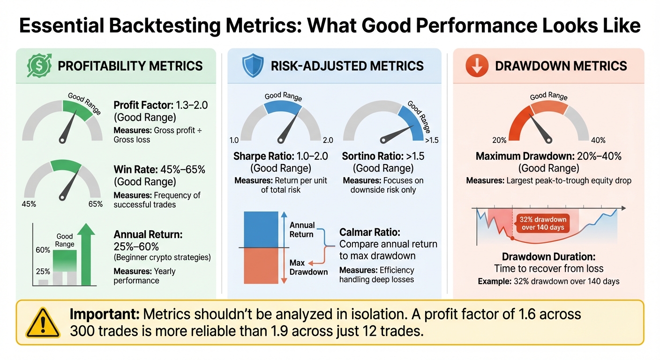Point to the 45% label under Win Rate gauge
(30, 204)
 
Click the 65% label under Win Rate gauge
(95, 204)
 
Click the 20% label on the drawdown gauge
(500, 140)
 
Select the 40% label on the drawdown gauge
(598, 140)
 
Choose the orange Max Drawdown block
(261, 265)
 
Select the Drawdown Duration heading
(548, 256)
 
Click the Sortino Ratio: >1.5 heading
(383, 156)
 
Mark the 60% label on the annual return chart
(42, 250)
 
